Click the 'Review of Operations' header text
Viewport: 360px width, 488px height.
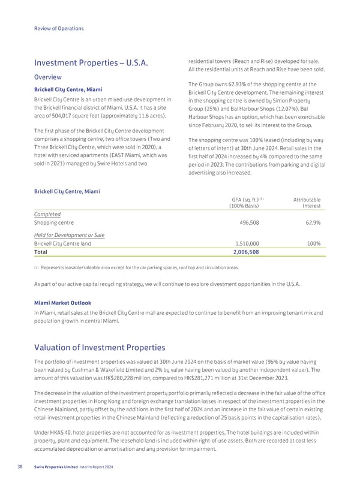pos(59,28)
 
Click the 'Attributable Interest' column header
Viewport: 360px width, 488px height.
pos(307,203)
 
